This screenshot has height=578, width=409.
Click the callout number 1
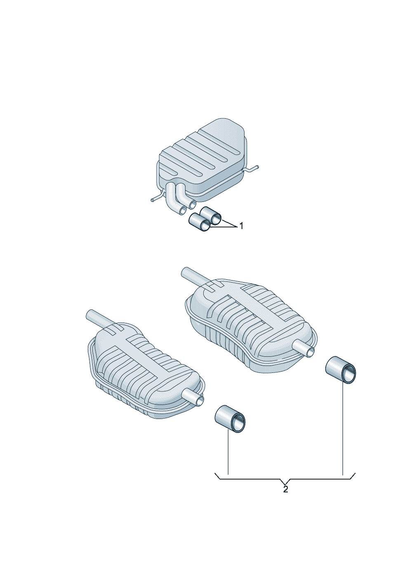pos(242,226)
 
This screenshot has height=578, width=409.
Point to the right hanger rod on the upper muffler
pos(250,169)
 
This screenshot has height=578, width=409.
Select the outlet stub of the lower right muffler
pos(304,348)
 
